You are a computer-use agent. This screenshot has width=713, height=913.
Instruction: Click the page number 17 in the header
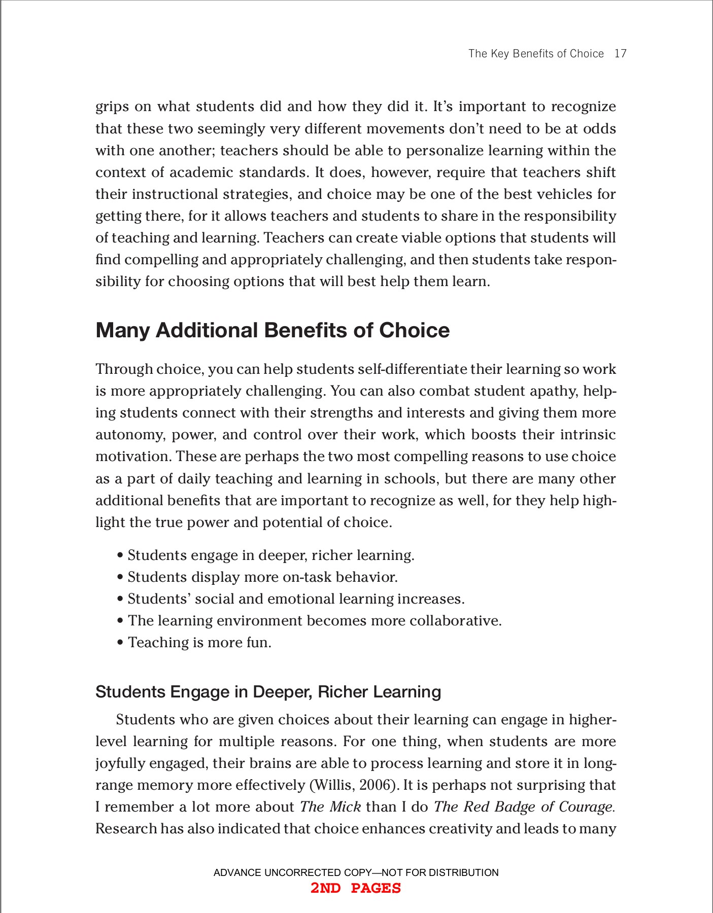point(620,54)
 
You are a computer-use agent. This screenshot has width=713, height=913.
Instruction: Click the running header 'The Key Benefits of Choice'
point(536,54)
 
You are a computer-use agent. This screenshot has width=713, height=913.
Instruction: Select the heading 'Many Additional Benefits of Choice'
point(273,330)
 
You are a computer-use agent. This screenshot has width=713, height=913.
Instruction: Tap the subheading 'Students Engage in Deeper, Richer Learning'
point(268,692)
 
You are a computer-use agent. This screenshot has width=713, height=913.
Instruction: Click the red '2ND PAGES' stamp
point(356,888)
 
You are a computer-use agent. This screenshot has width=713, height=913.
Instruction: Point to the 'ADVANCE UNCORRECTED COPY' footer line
point(356,872)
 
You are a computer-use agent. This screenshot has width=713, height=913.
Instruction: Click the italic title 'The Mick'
point(330,807)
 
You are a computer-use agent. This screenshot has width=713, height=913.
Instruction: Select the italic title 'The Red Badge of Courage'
point(523,807)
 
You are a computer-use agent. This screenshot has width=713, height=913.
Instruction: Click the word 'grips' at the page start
point(112,107)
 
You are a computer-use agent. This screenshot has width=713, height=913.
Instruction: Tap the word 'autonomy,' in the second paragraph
point(130,435)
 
